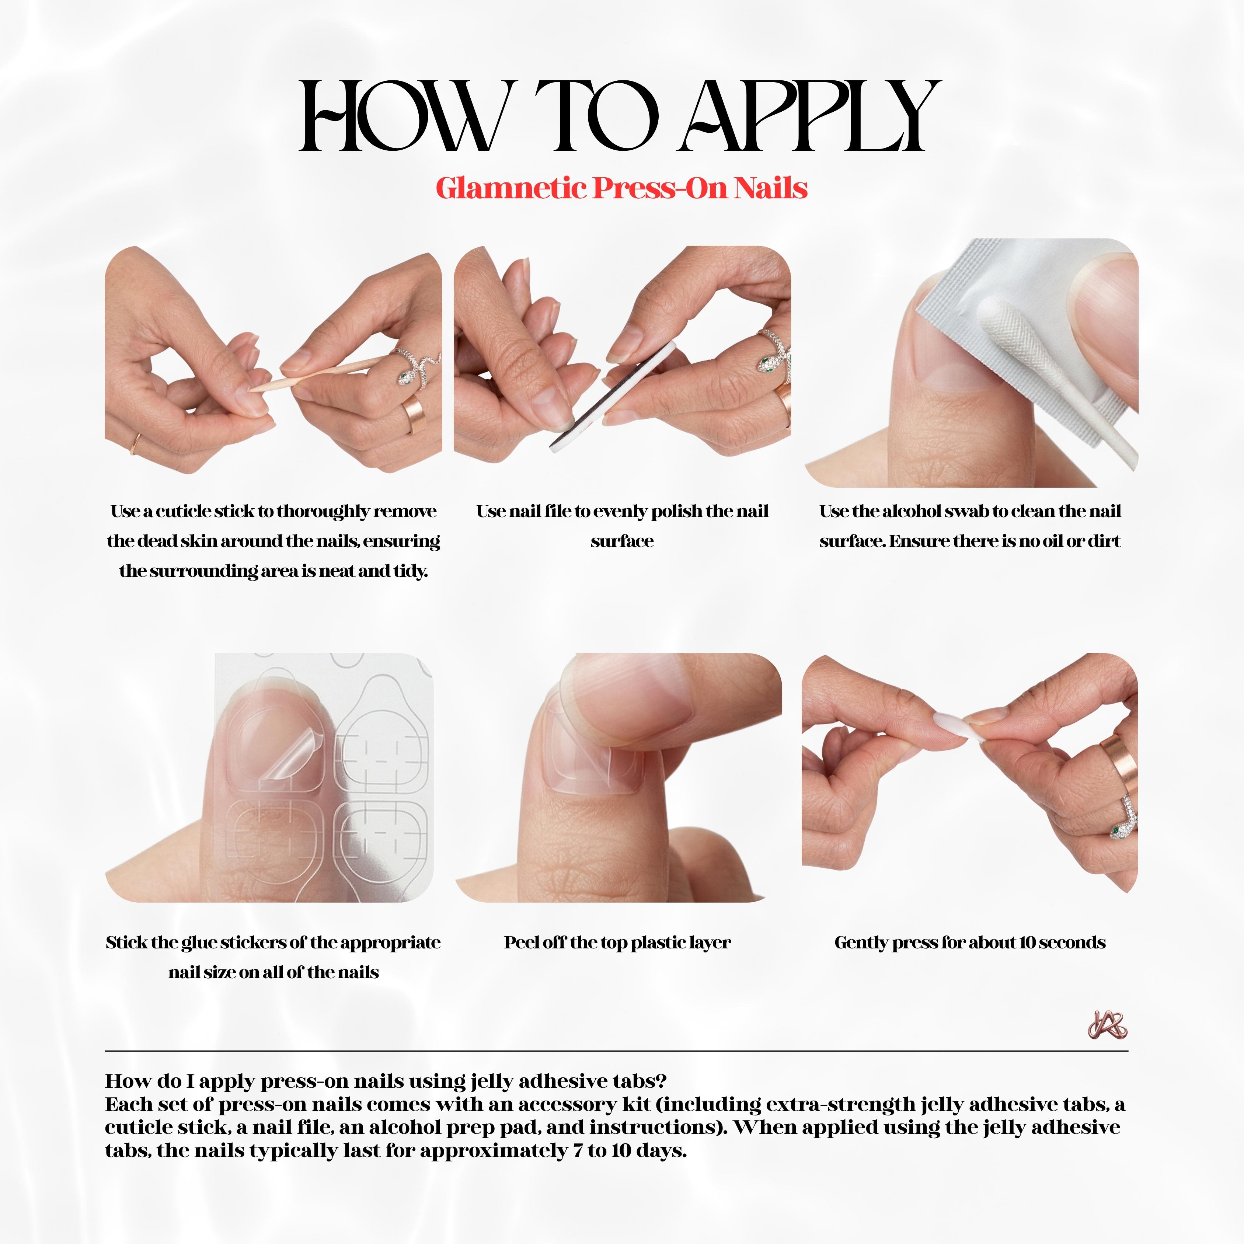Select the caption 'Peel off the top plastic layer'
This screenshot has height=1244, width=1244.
point(617,942)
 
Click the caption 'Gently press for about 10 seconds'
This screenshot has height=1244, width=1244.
point(970,942)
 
